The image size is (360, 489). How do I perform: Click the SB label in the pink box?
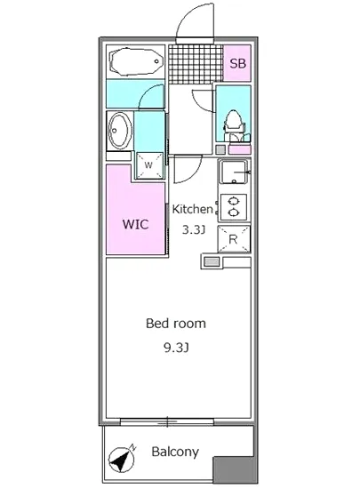coord(238,63)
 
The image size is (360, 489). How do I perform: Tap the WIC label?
coord(136,224)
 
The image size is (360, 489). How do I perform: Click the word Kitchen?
coord(192,209)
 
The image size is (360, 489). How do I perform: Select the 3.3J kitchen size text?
coord(193,230)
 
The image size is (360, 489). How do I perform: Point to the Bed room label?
coord(176,324)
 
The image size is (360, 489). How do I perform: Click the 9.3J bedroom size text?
coord(176,348)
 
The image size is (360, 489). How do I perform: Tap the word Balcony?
coord(175,452)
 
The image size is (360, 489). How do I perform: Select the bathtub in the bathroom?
coord(136,61)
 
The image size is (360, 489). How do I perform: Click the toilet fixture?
coord(235,126)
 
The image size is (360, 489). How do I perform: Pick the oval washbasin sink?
coord(119,131)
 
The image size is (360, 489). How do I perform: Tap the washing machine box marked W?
coord(149,165)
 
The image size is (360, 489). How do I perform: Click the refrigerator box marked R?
coord(234,239)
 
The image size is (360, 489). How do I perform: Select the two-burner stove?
coord(233,206)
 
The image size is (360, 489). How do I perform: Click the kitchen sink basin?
coord(234,172)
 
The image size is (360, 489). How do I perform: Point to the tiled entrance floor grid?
coord(196,64)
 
